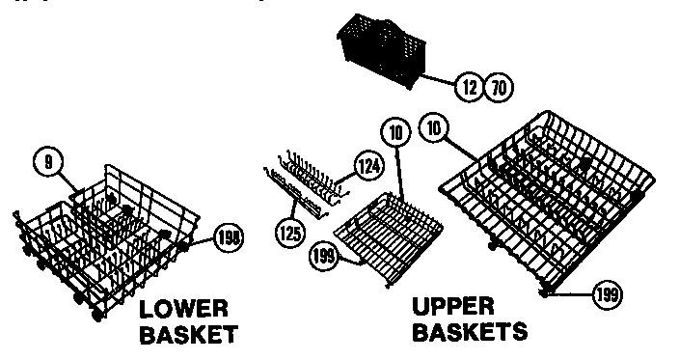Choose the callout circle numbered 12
coord(470,88)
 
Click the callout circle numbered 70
coord(499,88)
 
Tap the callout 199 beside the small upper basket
coord(325,256)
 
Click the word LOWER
coord(183,310)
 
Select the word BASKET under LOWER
coord(188,335)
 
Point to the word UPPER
coord(453,307)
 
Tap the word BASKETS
coord(470,332)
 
